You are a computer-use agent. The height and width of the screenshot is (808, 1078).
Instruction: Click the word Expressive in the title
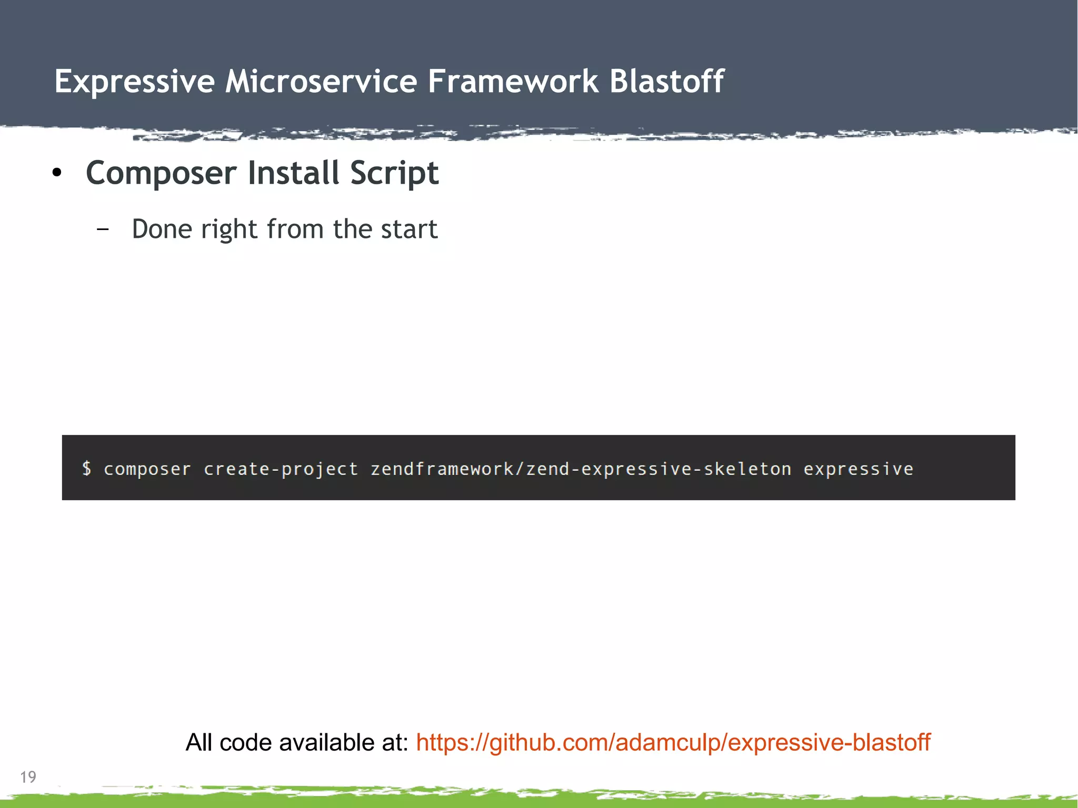pyautogui.click(x=134, y=82)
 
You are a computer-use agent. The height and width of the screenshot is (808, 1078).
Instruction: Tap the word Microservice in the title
pyautogui.click(x=321, y=82)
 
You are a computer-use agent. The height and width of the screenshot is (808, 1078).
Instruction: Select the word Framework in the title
pyautogui.click(x=513, y=82)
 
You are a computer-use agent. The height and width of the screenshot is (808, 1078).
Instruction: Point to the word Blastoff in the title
pyautogui.click(x=667, y=82)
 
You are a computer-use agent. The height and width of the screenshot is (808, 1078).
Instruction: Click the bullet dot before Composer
pyautogui.click(x=57, y=173)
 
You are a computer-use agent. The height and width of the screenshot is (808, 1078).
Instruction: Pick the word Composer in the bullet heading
pyautogui.click(x=161, y=174)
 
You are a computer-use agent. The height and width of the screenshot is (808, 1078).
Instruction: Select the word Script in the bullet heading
pyautogui.click(x=394, y=174)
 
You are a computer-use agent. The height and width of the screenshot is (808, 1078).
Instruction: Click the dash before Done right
pyautogui.click(x=103, y=229)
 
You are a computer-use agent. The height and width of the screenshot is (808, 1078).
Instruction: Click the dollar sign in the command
pyautogui.click(x=87, y=468)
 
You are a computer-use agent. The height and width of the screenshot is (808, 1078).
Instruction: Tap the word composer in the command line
pyautogui.click(x=147, y=469)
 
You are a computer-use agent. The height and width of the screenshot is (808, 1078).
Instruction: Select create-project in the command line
pyautogui.click(x=281, y=469)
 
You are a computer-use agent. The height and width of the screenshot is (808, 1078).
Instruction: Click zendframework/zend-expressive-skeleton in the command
pyautogui.click(x=581, y=469)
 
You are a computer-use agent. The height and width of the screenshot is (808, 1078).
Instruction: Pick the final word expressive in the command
pyautogui.click(x=858, y=469)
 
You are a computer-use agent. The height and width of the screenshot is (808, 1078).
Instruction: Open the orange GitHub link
pyautogui.click(x=673, y=743)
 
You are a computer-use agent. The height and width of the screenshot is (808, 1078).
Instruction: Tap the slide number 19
pyautogui.click(x=28, y=777)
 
